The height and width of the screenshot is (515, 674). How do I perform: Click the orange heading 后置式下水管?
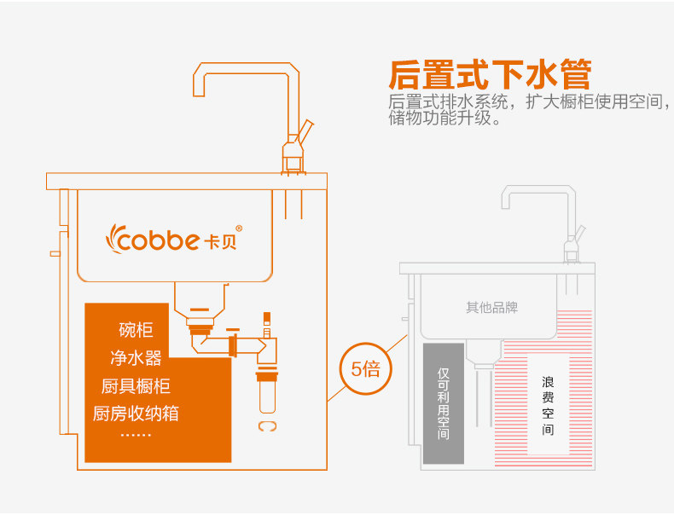tap(489, 74)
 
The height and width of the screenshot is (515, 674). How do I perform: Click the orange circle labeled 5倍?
tap(365, 369)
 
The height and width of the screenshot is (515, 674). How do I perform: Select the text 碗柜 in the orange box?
tap(137, 330)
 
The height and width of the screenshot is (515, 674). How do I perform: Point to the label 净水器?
tap(137, 357)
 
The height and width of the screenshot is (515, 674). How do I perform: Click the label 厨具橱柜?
tap(136, 385)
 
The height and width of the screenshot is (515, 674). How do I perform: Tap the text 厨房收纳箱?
tap(136, 414)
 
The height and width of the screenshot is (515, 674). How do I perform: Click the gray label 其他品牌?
tap(491, 307)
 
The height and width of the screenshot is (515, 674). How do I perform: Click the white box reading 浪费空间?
tap(548, 405)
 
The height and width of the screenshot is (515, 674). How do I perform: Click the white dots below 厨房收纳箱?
tap(136, 435)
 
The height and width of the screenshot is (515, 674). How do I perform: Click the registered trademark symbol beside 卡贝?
tap(239, 229)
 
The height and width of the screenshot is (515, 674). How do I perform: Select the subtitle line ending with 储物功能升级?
tap(444, 119)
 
